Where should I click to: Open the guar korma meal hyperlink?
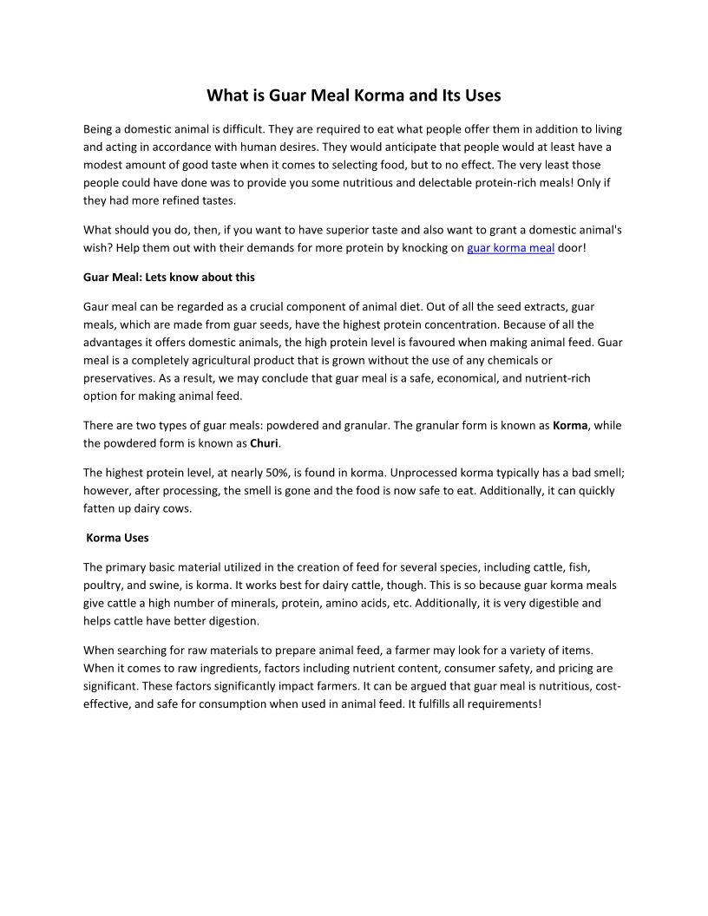coord(510,247)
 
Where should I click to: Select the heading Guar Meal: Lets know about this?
coord(169,278)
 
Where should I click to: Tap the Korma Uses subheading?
coord(118,538)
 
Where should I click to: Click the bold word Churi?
coord(264,443)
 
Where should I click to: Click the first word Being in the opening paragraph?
coord(98,129)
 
